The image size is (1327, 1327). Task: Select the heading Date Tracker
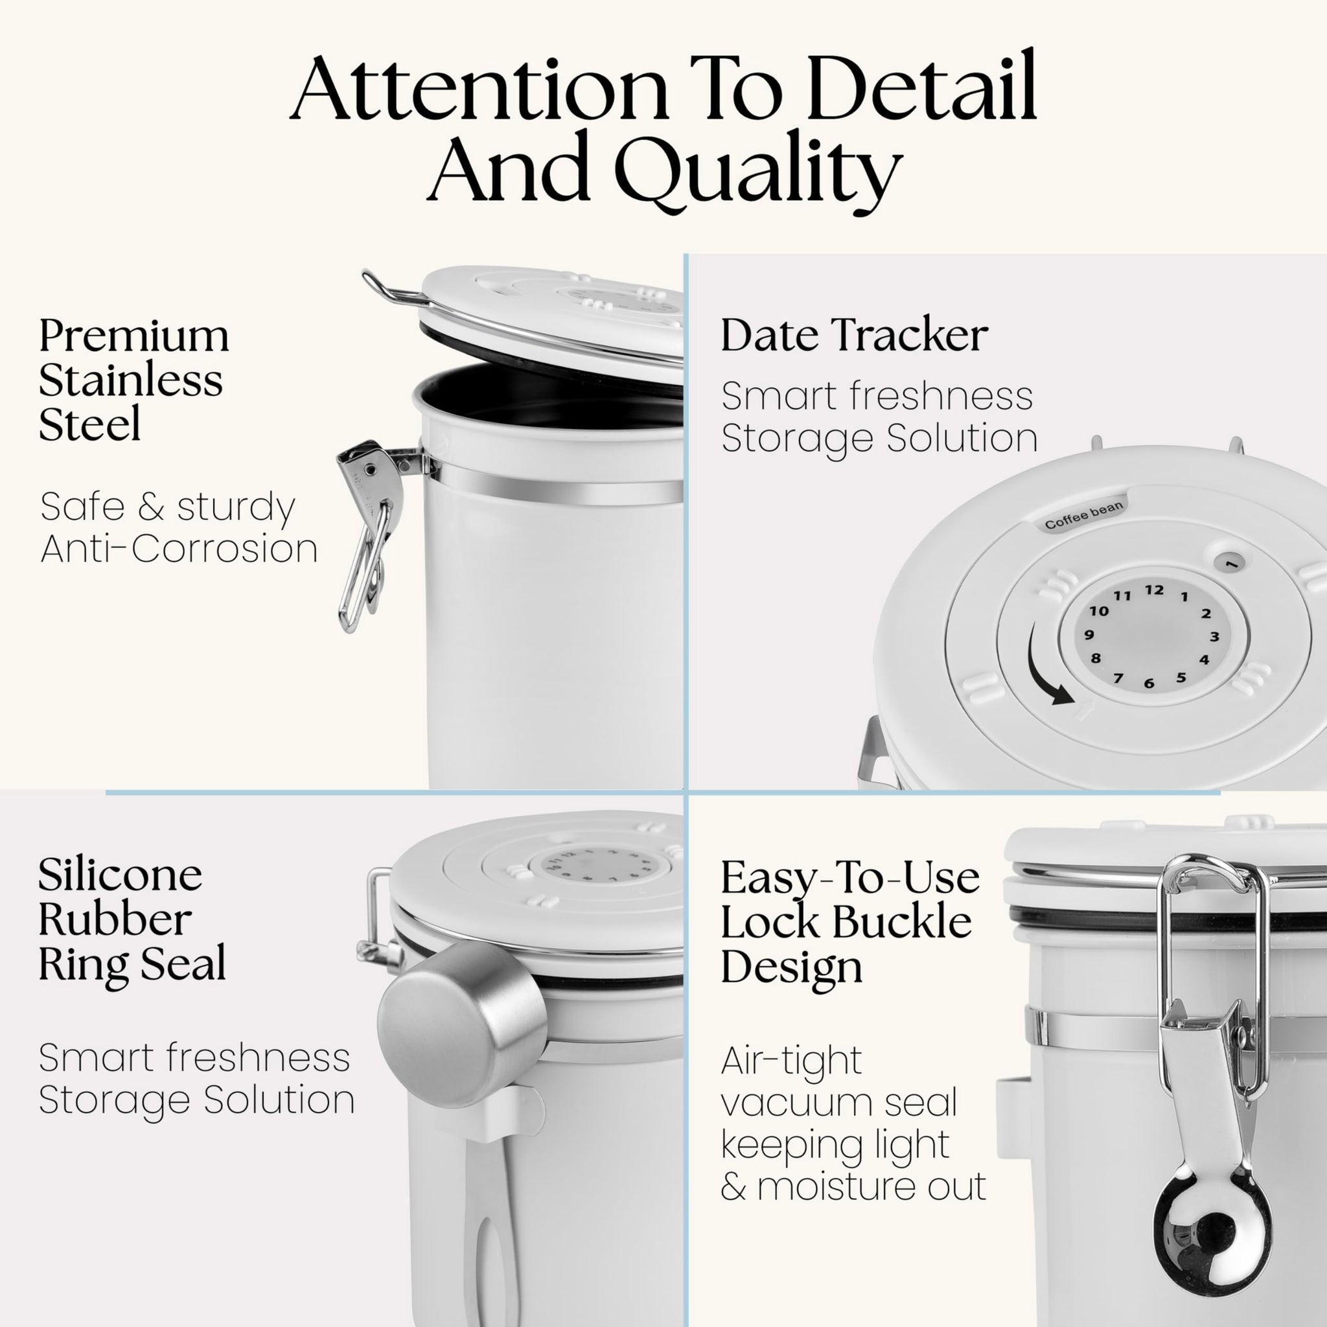[x=854, y=335]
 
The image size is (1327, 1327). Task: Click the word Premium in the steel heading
[x=134, y=336]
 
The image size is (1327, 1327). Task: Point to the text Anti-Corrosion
[x=179, y=549]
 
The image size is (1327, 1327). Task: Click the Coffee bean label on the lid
[x=1084, y=514]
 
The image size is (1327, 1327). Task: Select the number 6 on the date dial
[x=1148, y=684]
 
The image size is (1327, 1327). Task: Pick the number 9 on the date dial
[x=1089, y=634]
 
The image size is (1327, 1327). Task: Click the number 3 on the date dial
[x=1214, y=637]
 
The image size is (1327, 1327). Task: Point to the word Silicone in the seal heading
[x=121, y=875]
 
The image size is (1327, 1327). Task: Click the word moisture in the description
[x=871, y=1186]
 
